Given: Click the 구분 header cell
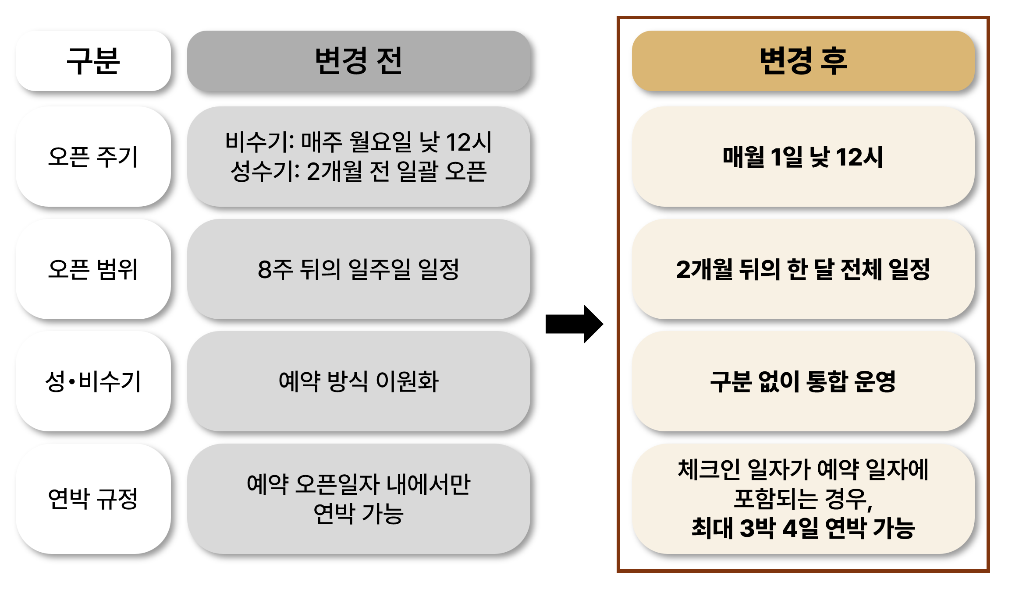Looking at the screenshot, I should (x=93, y=61).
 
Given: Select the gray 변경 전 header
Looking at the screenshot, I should (x=359, y=61).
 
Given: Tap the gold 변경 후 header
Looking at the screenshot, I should (x=803, y=61).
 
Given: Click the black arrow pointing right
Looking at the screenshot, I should (x=574, y=324).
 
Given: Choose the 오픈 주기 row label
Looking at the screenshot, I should (x=93, y=157).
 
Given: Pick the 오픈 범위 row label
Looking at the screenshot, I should (x=93, y=269).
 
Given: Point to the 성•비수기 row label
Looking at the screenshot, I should (x=93, y=381).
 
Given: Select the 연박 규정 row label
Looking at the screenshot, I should (x=93, y=498).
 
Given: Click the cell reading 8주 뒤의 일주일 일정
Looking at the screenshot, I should (x=359, y=269).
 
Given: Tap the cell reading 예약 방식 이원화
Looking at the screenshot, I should (x=359, y=381).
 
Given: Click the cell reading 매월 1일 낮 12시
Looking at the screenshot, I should (x=803, y=157).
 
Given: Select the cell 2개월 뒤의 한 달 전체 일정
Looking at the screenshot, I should (x=803, y=269).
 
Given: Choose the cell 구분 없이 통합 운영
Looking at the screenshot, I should (x=803, y=381).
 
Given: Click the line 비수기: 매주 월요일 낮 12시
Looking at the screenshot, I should (x=359, y=142).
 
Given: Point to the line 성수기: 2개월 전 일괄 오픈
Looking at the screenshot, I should (x=359, y=171).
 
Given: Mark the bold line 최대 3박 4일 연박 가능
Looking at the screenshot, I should (x=803, y=528).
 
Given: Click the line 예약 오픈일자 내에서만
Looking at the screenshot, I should (x=359, y=484).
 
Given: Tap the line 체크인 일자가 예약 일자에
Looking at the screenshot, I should (x=803, y=469).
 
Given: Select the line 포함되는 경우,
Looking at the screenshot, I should (x=803, y=498).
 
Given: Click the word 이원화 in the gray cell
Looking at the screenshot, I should (x=408, y=381).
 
